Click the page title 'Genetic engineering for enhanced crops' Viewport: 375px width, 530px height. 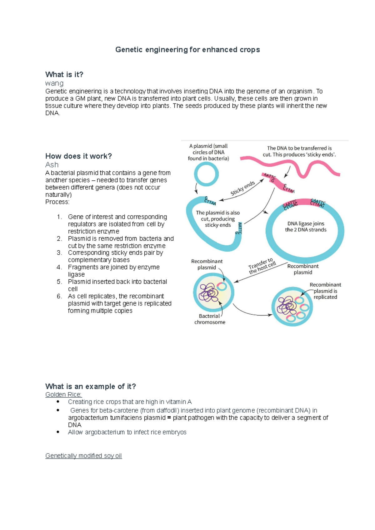pyautogui.click(x=187, y=50)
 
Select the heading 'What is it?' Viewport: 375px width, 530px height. pyautogui.click(x=64, y=75)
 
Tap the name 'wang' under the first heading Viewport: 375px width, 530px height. pyautogui.click(x=54, y=83)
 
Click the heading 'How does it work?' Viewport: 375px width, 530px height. pyautogui.click(x=78, y=156)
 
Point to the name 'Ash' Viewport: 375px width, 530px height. pyautogui.click(x=52, y=165)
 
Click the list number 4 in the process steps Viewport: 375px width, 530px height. pyautogui.click(x=59, y=267)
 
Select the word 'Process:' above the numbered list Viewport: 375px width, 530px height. pyautogui.click(x=57, y=202)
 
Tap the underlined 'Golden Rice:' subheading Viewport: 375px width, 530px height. pyautogui.click(x=63, y=395)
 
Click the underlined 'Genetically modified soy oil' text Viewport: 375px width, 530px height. pyautogui.click(x=83, y=456)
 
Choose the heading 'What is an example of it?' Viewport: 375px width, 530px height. pyautogui.click(x=91, y=386)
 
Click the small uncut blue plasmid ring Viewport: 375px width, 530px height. pyautogui.click(x=206, y=174)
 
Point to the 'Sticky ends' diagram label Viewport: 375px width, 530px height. pyautogui.click(x=243, y=188)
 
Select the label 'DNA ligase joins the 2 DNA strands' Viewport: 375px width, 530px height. pyautogui.click(x=306, y=227)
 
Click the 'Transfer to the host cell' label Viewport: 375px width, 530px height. pyautogui.click(x=262, y=266)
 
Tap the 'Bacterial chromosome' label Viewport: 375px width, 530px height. pyautogui.click(x=210, y=319)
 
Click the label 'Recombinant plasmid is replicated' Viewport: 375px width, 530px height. pyautogui.click(x=325, y=291)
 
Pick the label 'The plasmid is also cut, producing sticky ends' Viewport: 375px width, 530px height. pyautogui.click(x=218, y=219)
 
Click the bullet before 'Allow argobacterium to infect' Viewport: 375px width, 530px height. pyautogui.click(x=58, y=432)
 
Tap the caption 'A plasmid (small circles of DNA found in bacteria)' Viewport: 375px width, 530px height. pyautogui.click(x=208, y=152)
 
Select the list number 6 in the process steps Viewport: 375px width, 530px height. pyautogui.click(x=59, y=296)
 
